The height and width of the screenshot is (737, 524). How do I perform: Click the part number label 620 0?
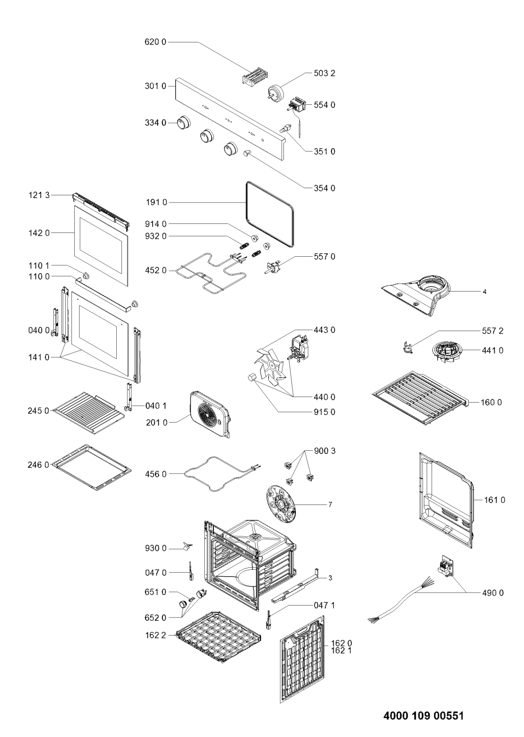[x=156, y=42]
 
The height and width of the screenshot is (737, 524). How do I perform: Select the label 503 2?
[x=324, y=73]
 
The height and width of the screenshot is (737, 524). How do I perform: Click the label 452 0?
[x=156, y=271]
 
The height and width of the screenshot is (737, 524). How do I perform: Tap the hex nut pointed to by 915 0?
[x=252, y=377]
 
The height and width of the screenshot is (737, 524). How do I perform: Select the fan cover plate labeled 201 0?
[x=211, y=414]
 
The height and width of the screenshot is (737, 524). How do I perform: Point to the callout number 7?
[x=330, y=505]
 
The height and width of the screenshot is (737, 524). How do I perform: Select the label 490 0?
[x=493, y=593]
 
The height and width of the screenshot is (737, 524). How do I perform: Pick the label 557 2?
[x=493, y=331]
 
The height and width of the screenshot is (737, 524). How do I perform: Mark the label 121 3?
[x=39, y=195]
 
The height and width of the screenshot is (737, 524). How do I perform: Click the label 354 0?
[x=324, y=188]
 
